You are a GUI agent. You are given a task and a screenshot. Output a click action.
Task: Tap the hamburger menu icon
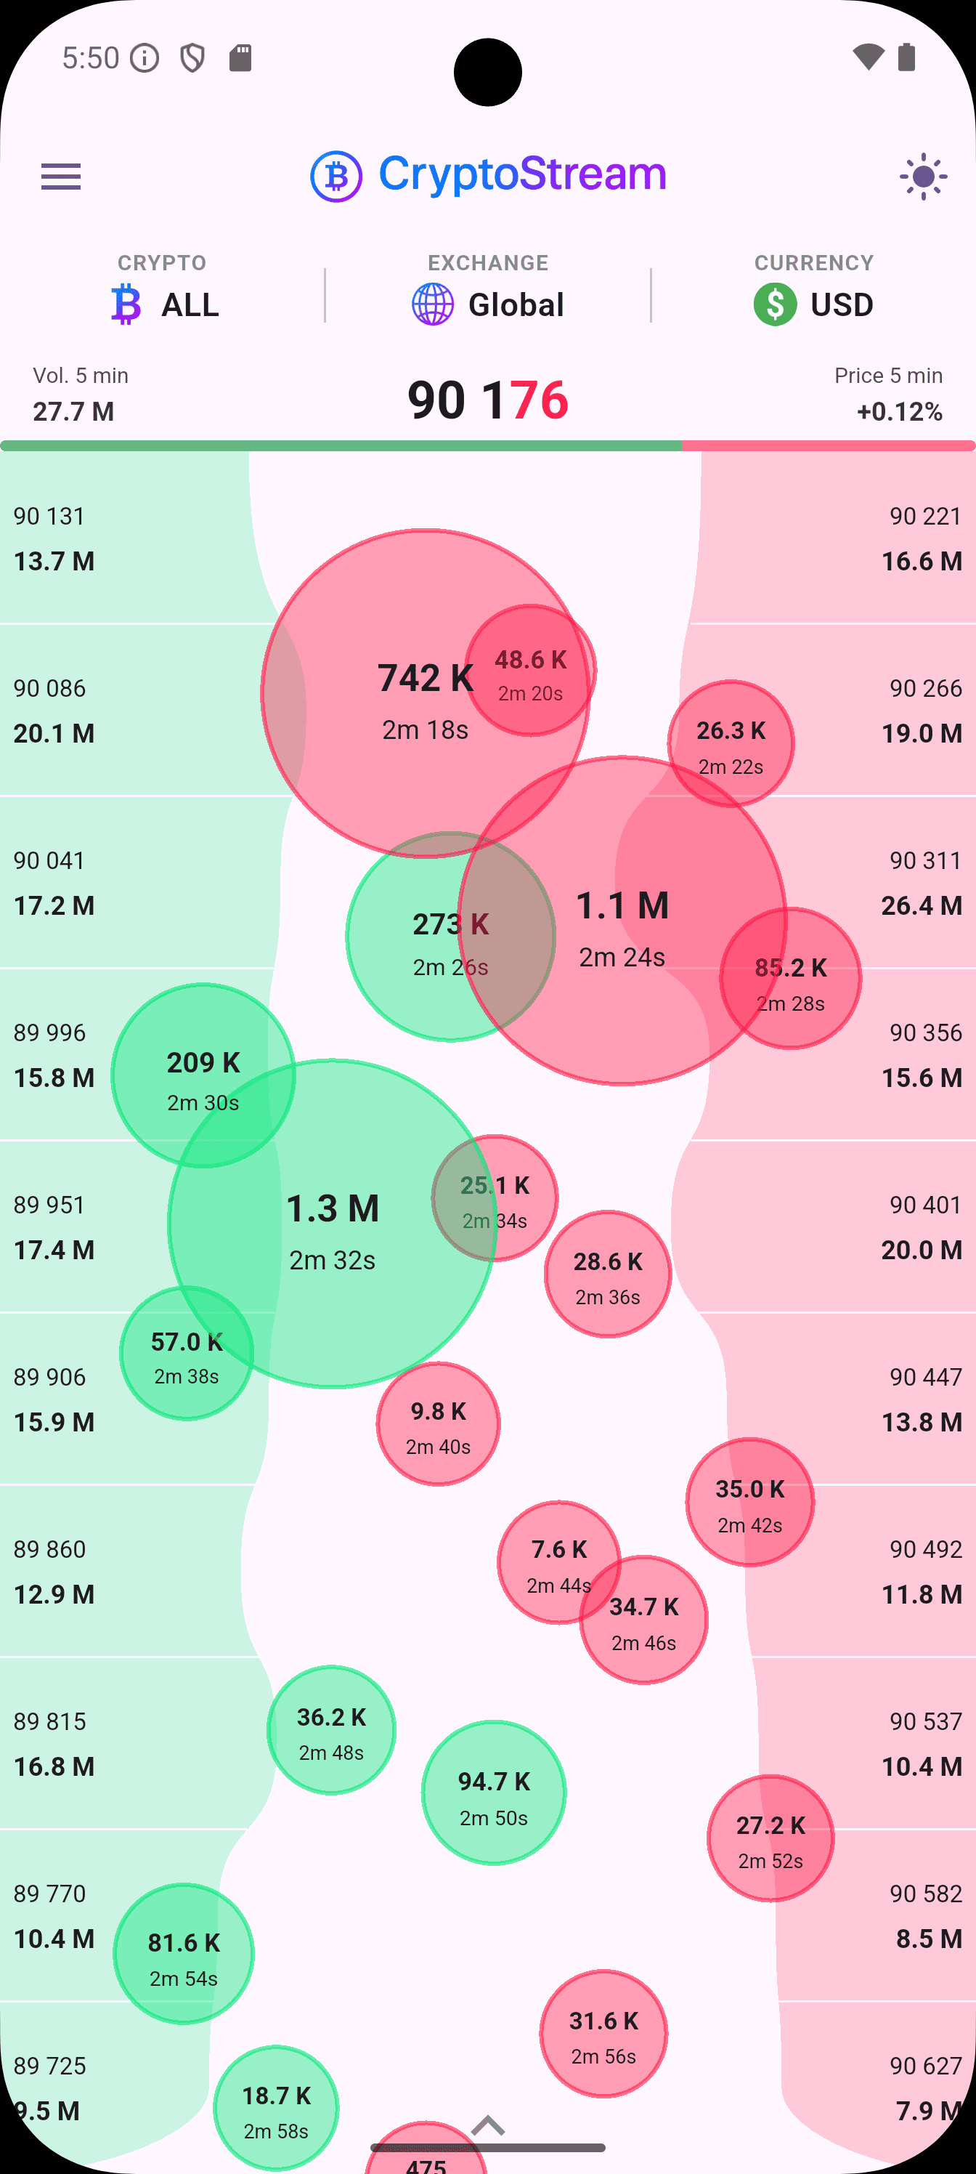point(61,177)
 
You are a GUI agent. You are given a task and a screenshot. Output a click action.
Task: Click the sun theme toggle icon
point(923,177)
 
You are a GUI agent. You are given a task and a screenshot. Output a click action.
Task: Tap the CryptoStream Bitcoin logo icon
point(336,177)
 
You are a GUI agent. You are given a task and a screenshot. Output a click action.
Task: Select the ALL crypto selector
point(166,304)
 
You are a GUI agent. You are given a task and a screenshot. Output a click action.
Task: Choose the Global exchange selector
point(487,304)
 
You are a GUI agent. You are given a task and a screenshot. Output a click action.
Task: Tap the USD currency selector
point(813,304)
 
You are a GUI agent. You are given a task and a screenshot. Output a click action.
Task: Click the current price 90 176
point(487,399)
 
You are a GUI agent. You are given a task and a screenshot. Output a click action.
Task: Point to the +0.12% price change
point(899,411)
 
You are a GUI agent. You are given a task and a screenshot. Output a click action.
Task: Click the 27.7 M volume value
point(73,411)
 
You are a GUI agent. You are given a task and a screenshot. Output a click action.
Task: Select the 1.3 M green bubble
point(333,1232)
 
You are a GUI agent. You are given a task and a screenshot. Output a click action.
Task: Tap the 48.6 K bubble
point(531,671)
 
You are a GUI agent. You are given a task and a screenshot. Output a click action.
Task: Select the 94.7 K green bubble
point(494,1793)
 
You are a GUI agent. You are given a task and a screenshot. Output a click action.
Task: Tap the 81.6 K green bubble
point(184,1954)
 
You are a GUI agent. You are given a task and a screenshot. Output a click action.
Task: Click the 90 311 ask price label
point(925,861)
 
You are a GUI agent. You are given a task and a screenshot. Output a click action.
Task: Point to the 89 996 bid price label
point(50,1033)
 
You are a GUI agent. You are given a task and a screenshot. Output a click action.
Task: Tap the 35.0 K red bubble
point(750,1503)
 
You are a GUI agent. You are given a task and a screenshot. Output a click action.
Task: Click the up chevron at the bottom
point(487,2126)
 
